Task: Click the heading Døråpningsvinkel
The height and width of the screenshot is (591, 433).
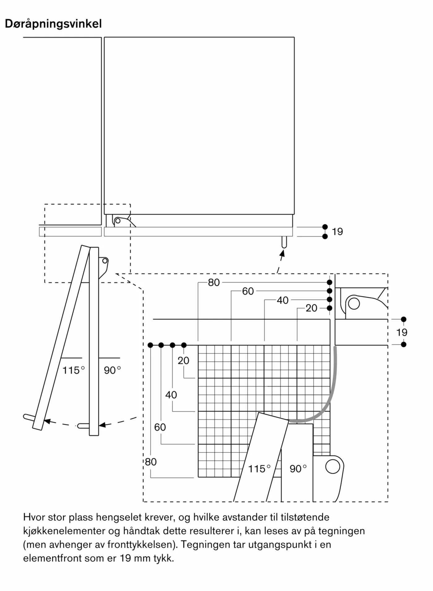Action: tap(53, 24)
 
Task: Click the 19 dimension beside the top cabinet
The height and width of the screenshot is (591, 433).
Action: tap(337, 231)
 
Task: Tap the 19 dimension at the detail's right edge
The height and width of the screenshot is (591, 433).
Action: tap(402, 332)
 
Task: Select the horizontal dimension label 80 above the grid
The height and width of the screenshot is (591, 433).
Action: tap(214, 283)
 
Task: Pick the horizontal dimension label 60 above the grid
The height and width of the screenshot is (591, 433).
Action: tap(248, 291)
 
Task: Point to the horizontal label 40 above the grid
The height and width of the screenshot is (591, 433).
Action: tap(282, 300)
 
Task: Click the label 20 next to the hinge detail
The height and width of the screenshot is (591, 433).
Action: tap(311, 308)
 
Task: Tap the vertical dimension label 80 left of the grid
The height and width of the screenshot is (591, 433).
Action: tap(151, 462)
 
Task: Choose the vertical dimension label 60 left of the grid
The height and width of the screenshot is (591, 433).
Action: tap(160, 427)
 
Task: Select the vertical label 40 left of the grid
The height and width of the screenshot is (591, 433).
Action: tap(171, 395)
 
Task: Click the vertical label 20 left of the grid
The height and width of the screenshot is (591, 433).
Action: tap(183, 360)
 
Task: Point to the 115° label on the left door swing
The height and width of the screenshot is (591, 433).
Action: tap(73, 370)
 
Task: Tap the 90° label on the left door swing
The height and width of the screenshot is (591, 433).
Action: tap(112, 370)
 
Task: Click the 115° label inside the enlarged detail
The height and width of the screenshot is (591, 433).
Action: tap(259, 469)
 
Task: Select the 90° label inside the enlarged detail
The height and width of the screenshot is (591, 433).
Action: tap(298, 469)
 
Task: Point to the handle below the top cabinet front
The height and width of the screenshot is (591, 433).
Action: tap(284, 242)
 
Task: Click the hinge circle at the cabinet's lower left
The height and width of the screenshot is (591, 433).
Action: tap(118, 221)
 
